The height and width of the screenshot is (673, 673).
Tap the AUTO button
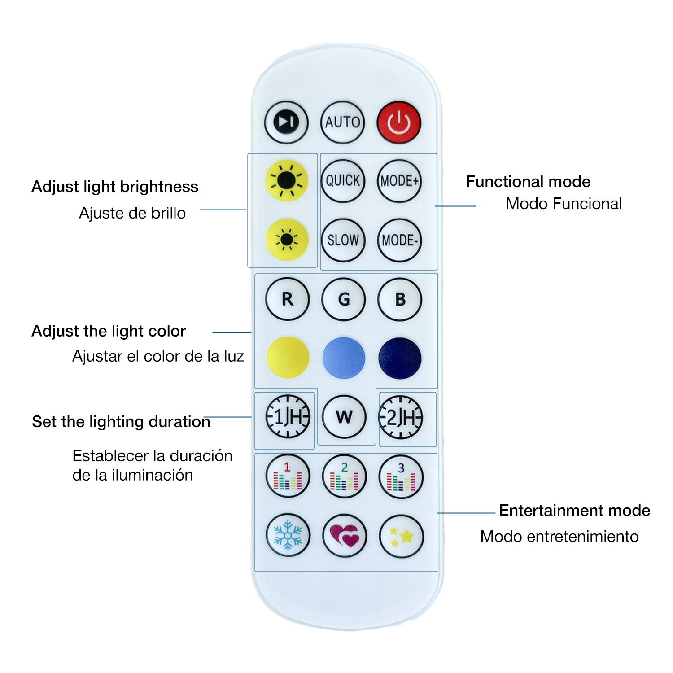(343, 122)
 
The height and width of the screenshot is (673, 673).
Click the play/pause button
(286, 122)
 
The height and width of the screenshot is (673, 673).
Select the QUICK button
(343, 181)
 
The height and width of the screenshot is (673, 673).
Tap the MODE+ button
(399, 181)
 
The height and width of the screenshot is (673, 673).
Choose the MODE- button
(399, 240)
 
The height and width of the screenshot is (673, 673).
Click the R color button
(287, 299)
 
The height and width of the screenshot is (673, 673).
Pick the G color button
(344, 299)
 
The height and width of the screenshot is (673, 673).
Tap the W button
(344, 417)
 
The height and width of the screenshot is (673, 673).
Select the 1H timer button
(288, 417)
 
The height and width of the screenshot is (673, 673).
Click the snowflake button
(288, 535)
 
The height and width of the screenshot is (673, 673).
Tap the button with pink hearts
(345, 535)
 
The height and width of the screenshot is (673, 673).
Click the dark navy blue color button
(400, 358)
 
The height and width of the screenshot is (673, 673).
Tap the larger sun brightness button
(286, 181)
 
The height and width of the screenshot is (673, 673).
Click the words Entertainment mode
(574, 511)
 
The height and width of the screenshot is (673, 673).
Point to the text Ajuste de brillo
(132, 213)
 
